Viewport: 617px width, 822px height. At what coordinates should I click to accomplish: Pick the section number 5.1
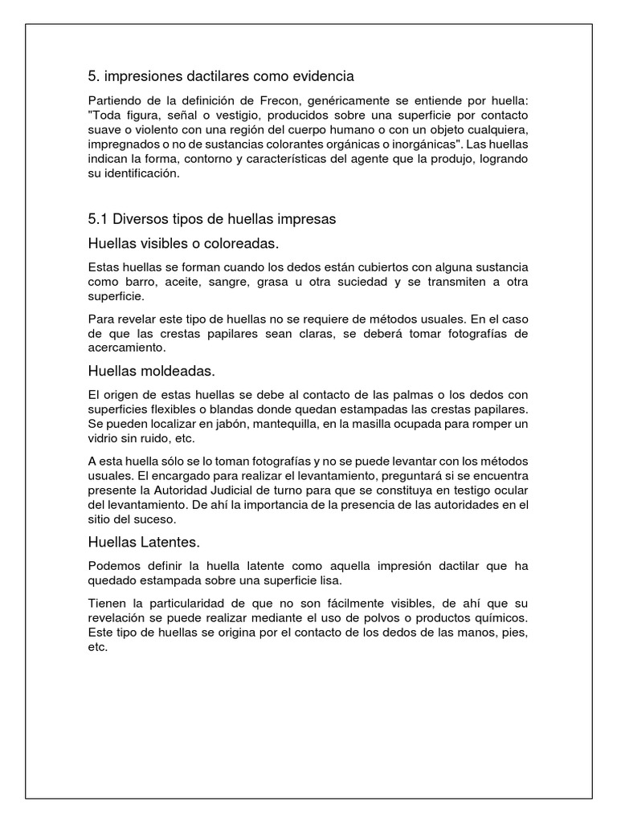[x=98, y=218]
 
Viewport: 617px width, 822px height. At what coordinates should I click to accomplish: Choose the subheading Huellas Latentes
[x=142, y=543]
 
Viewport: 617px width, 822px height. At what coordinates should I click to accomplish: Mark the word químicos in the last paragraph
[x=501, y=617]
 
